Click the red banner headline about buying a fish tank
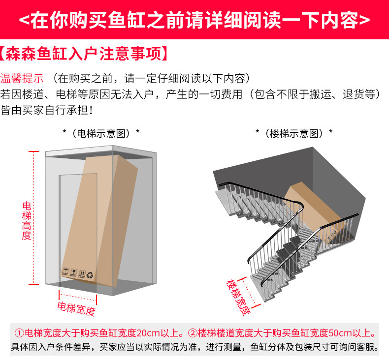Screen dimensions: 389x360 tap(194, 20)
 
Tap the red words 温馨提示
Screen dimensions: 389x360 tap(22, 79)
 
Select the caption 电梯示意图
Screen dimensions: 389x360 tap(101, 133)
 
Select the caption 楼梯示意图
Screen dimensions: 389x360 tap(294, 133)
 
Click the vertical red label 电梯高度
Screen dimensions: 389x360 tap(27, 220)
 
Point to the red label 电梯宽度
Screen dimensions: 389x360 tap(76, 309)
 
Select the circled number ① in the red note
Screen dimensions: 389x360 tap(19, 332)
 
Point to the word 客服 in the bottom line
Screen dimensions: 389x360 tap(368, 347)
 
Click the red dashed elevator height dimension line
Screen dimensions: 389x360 tap(34, 216)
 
